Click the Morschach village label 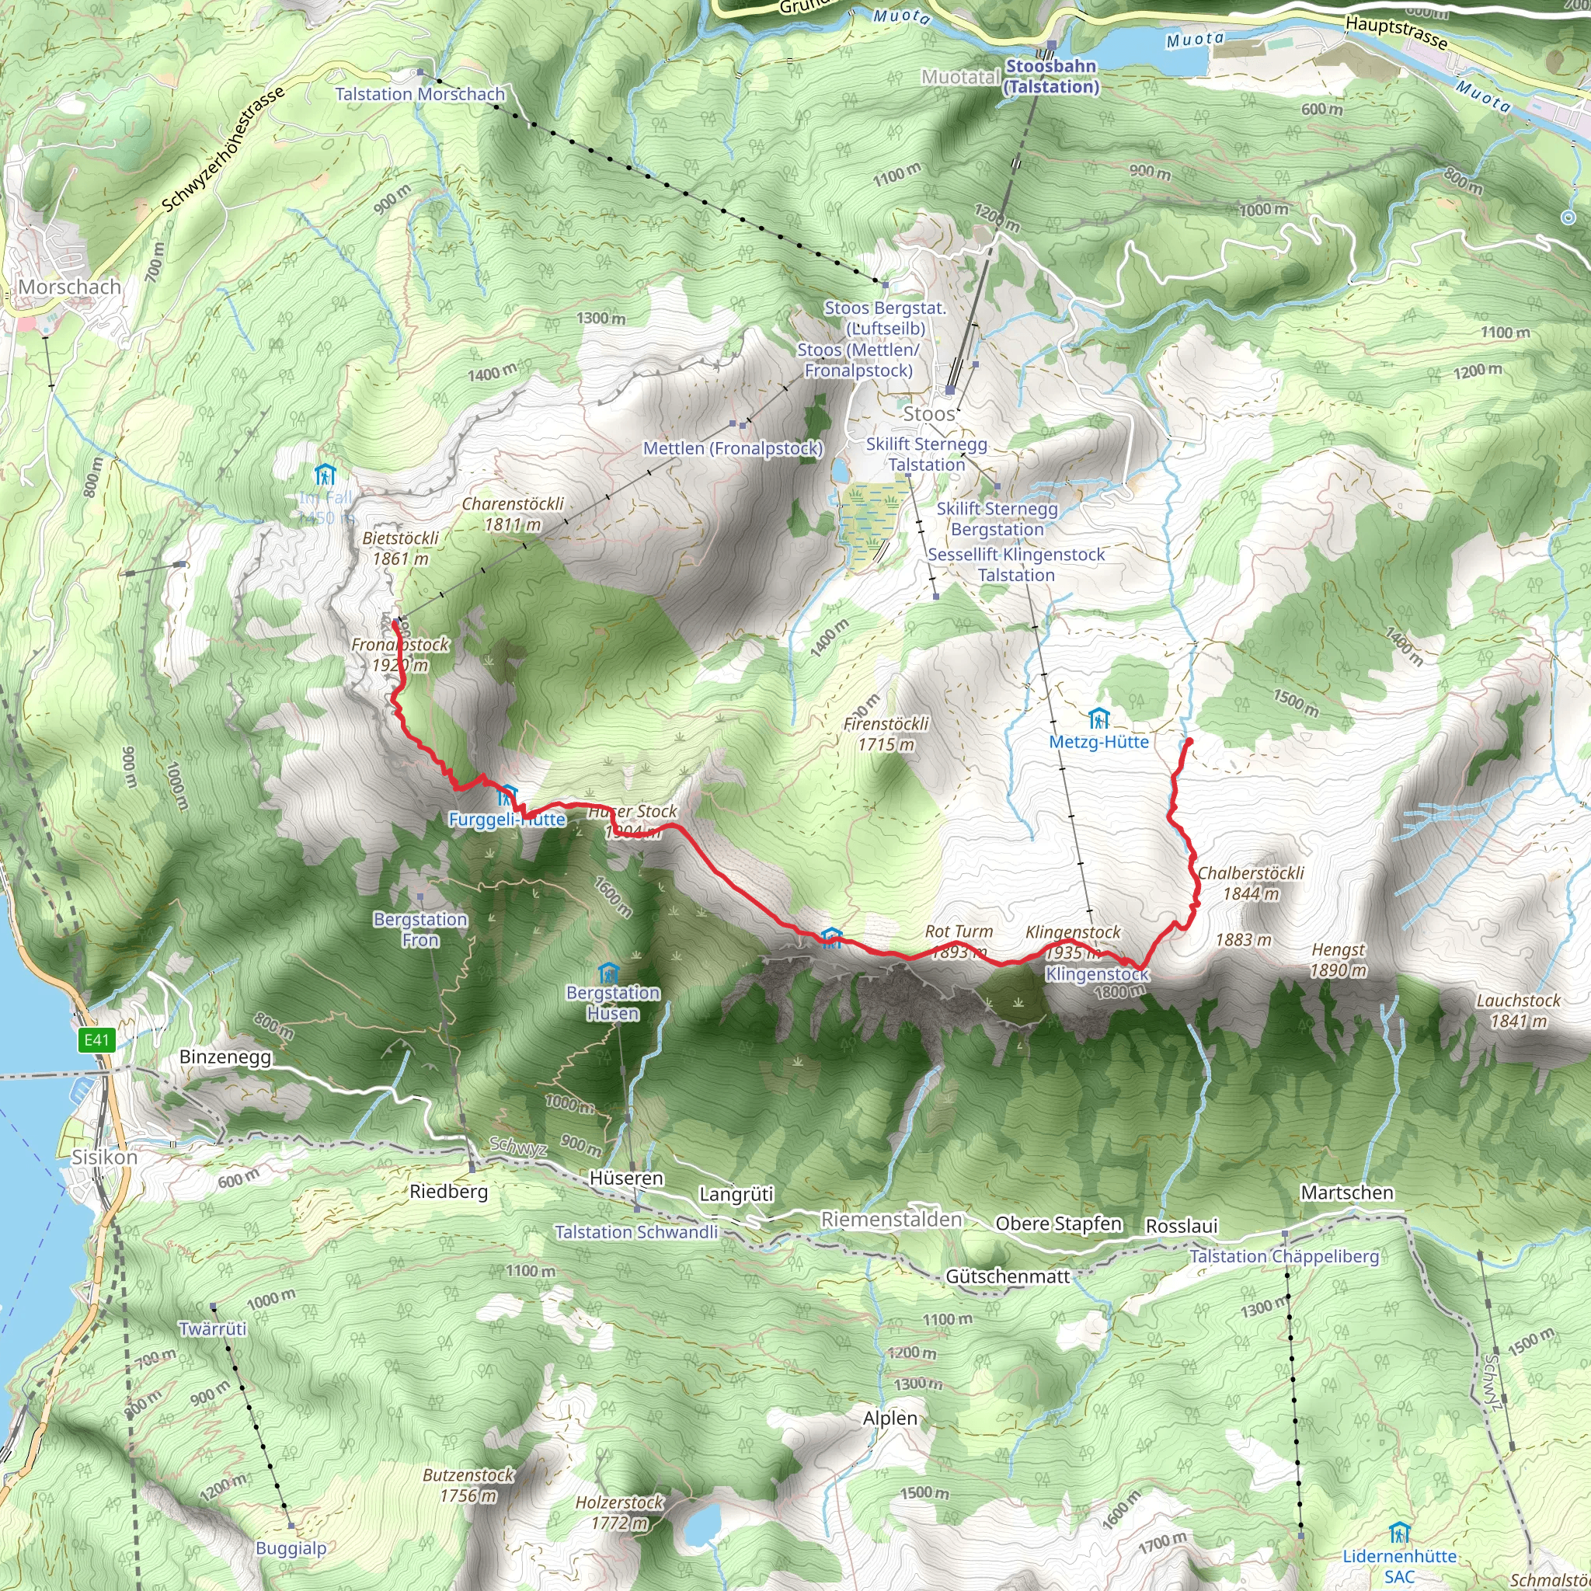coord(69,287)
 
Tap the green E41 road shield coord(96,1040)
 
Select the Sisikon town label coord(104,1157)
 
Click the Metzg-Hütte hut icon coord(1098,719)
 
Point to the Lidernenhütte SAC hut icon coord(1399,1534)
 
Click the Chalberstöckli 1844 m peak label coord(1250,883)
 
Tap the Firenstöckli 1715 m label coord(886,733)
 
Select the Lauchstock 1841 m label coord(1518,1011)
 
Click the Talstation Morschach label coord(420,94)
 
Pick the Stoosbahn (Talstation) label coord(1052,77)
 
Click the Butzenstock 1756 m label coord(468,1485)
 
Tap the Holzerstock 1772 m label coord(619,1513)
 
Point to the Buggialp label coord(291,1548)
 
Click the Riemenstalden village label coord(892,1220)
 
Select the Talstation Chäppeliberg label coord(1284,1257)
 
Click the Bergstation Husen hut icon coord(608,973)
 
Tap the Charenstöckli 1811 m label coord(512,514)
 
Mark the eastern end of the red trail coord(1189,742)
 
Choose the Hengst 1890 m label coord(1339,960)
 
